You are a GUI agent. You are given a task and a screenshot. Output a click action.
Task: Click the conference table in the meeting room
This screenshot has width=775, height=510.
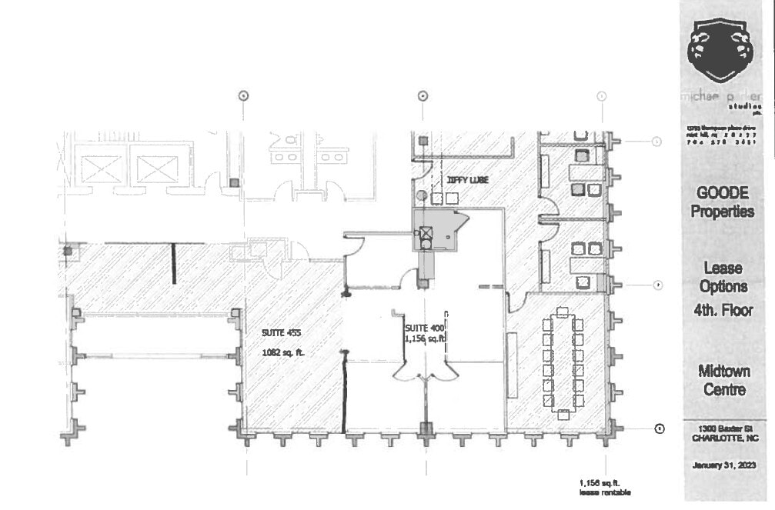click(x=563, y=362)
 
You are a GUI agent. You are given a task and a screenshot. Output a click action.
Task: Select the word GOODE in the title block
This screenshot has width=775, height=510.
click(x=721, y=193)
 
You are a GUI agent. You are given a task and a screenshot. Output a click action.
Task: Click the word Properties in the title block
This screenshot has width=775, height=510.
click(x=721, y=212)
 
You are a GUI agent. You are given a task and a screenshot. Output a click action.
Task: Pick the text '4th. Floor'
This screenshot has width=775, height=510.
click(x=721, y=311)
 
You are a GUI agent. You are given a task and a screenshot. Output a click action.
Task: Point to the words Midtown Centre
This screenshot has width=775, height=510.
click(x=721, y=380)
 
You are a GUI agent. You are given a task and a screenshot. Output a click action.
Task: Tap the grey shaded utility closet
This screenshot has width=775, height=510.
click(x=435, y=230)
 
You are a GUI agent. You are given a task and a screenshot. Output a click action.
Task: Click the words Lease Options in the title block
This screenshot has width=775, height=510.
click(x=721, y=277)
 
